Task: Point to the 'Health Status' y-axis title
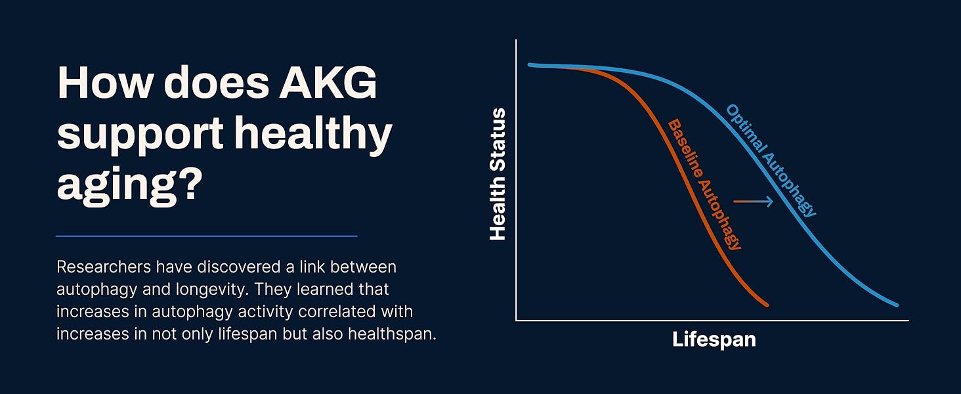click(x=498, y=174)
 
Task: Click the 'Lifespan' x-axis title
click(x=714, y=339)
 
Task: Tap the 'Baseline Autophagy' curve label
click(x=704, y=185)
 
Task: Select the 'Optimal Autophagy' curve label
click(x=771, y=161)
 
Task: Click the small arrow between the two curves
click(x=753, y=201)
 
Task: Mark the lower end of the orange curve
click(x=767, y=305)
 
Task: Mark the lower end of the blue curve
click(x=897, y=305)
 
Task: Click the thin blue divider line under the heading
click(x=206, y=236)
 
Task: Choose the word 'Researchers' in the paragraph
click(x=104, y=267)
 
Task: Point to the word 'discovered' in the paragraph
click(x=238, y=267)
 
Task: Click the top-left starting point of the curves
click(x=530, y=65)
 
